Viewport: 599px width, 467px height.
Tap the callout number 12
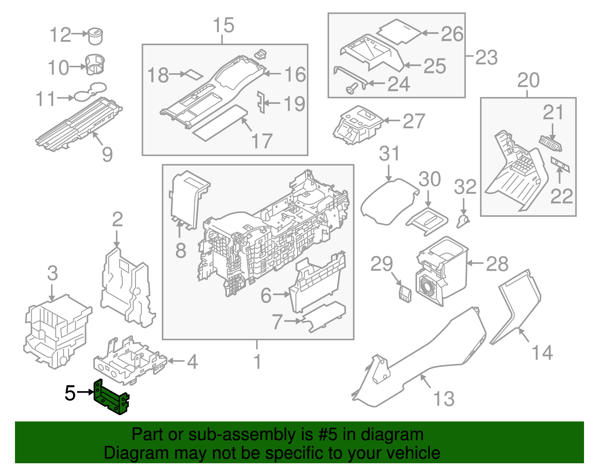(x=60, y=35)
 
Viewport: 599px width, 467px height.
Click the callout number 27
(x=414, y=121)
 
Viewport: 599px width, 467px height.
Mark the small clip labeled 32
(x=463, y=221)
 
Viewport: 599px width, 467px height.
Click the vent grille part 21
(x=550, y=143)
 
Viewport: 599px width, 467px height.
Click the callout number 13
(x=444, y=399)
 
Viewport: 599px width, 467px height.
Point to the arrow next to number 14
(x=524, y=335)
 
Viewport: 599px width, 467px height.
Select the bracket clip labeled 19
(x=261, y=102)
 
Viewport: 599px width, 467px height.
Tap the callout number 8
(x=180, y=250)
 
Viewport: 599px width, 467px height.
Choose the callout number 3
(x=52, y=273)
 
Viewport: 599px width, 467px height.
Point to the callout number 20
(x=528, y=80)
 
